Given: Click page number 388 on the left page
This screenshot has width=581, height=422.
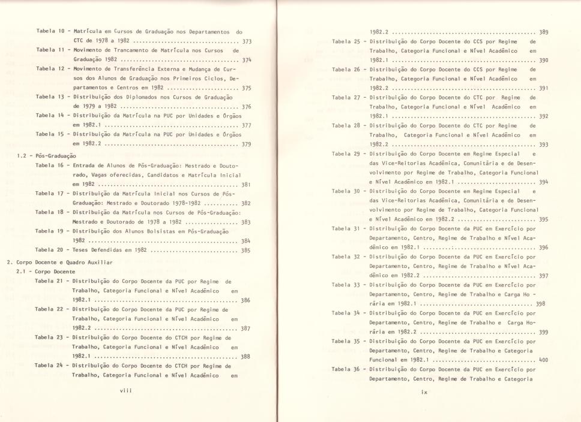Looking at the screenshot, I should (247, 355).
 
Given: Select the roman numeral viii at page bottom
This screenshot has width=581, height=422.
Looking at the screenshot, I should (125, 390).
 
